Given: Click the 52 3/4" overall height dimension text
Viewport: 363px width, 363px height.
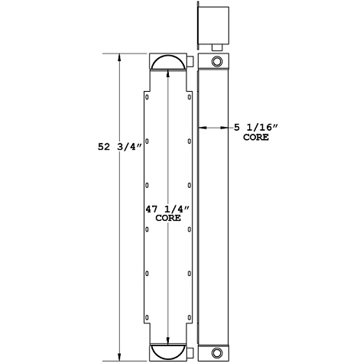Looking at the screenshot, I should (x=99, y=150).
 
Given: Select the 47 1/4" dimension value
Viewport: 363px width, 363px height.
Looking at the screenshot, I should (x=167, y=209).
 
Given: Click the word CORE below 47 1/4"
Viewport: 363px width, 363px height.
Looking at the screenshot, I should (x=167, y=219).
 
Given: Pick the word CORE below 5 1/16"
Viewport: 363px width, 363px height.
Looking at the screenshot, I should (x=255, y=138).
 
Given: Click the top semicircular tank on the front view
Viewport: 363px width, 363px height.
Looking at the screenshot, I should (x=167, y=62).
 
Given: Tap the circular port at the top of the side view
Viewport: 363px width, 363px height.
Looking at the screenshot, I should (x=216, y=61).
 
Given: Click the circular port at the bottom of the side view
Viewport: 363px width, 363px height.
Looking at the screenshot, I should (x=216, y=353).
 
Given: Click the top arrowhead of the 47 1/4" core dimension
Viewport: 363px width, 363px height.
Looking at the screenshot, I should (x=167, y=73).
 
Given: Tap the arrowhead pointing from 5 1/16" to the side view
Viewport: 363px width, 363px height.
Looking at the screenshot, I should (x=202, y=127).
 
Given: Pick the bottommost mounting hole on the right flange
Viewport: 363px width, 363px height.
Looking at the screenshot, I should (x=189, y=316).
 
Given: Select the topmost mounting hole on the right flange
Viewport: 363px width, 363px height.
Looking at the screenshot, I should (x=189, y=97).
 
